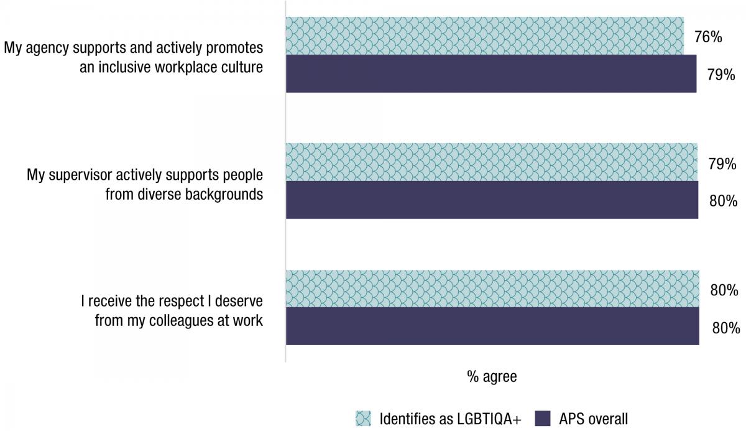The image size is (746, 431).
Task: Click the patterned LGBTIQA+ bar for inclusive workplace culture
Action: point(485,35)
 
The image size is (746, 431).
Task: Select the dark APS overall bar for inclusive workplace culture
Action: point(491,74)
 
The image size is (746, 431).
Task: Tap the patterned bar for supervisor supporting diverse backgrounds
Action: point(491,162)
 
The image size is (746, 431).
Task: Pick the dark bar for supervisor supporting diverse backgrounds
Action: point(492,200)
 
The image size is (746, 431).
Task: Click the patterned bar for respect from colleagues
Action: point(492,289)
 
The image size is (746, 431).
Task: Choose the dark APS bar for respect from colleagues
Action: point(492,327)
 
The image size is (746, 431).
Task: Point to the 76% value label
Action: point(707,37)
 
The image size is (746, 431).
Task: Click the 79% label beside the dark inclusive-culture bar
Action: point(721,75)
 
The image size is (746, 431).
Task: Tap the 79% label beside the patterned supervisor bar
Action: point(722,164)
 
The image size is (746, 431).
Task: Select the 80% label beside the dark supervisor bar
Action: point(722,202)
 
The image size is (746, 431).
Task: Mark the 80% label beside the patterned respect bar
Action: point(724,290)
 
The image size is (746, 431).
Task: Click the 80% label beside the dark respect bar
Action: point(724,328)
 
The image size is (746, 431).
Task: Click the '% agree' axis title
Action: point(492,377)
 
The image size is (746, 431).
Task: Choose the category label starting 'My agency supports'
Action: point(134,57)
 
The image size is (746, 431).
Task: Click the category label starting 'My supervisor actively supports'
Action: point(145,183)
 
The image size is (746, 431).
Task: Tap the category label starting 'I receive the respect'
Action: point(172,310)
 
